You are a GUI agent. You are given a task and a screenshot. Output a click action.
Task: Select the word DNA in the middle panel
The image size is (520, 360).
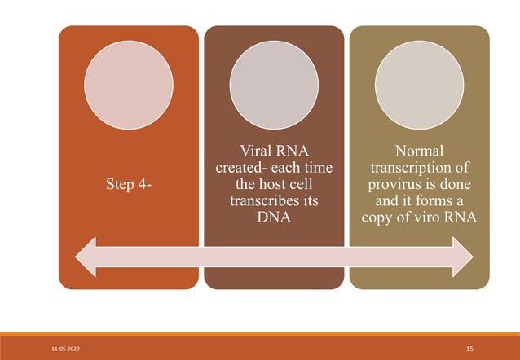point(273,218)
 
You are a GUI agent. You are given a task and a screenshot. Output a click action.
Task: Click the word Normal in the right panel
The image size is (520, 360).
point(419,151)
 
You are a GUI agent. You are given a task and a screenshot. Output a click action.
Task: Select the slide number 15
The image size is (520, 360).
point(469,348)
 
